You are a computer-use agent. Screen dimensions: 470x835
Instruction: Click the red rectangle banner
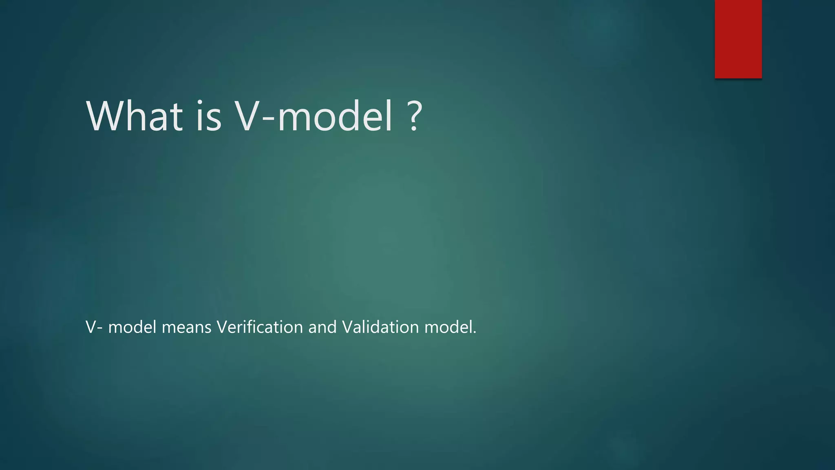click(x=738, y=39)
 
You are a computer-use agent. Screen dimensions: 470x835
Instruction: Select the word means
click(x=186, y=327)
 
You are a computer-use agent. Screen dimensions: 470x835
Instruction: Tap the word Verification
click(x=260, y=327)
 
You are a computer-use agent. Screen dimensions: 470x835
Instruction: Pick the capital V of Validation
click(x=347, y=327)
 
